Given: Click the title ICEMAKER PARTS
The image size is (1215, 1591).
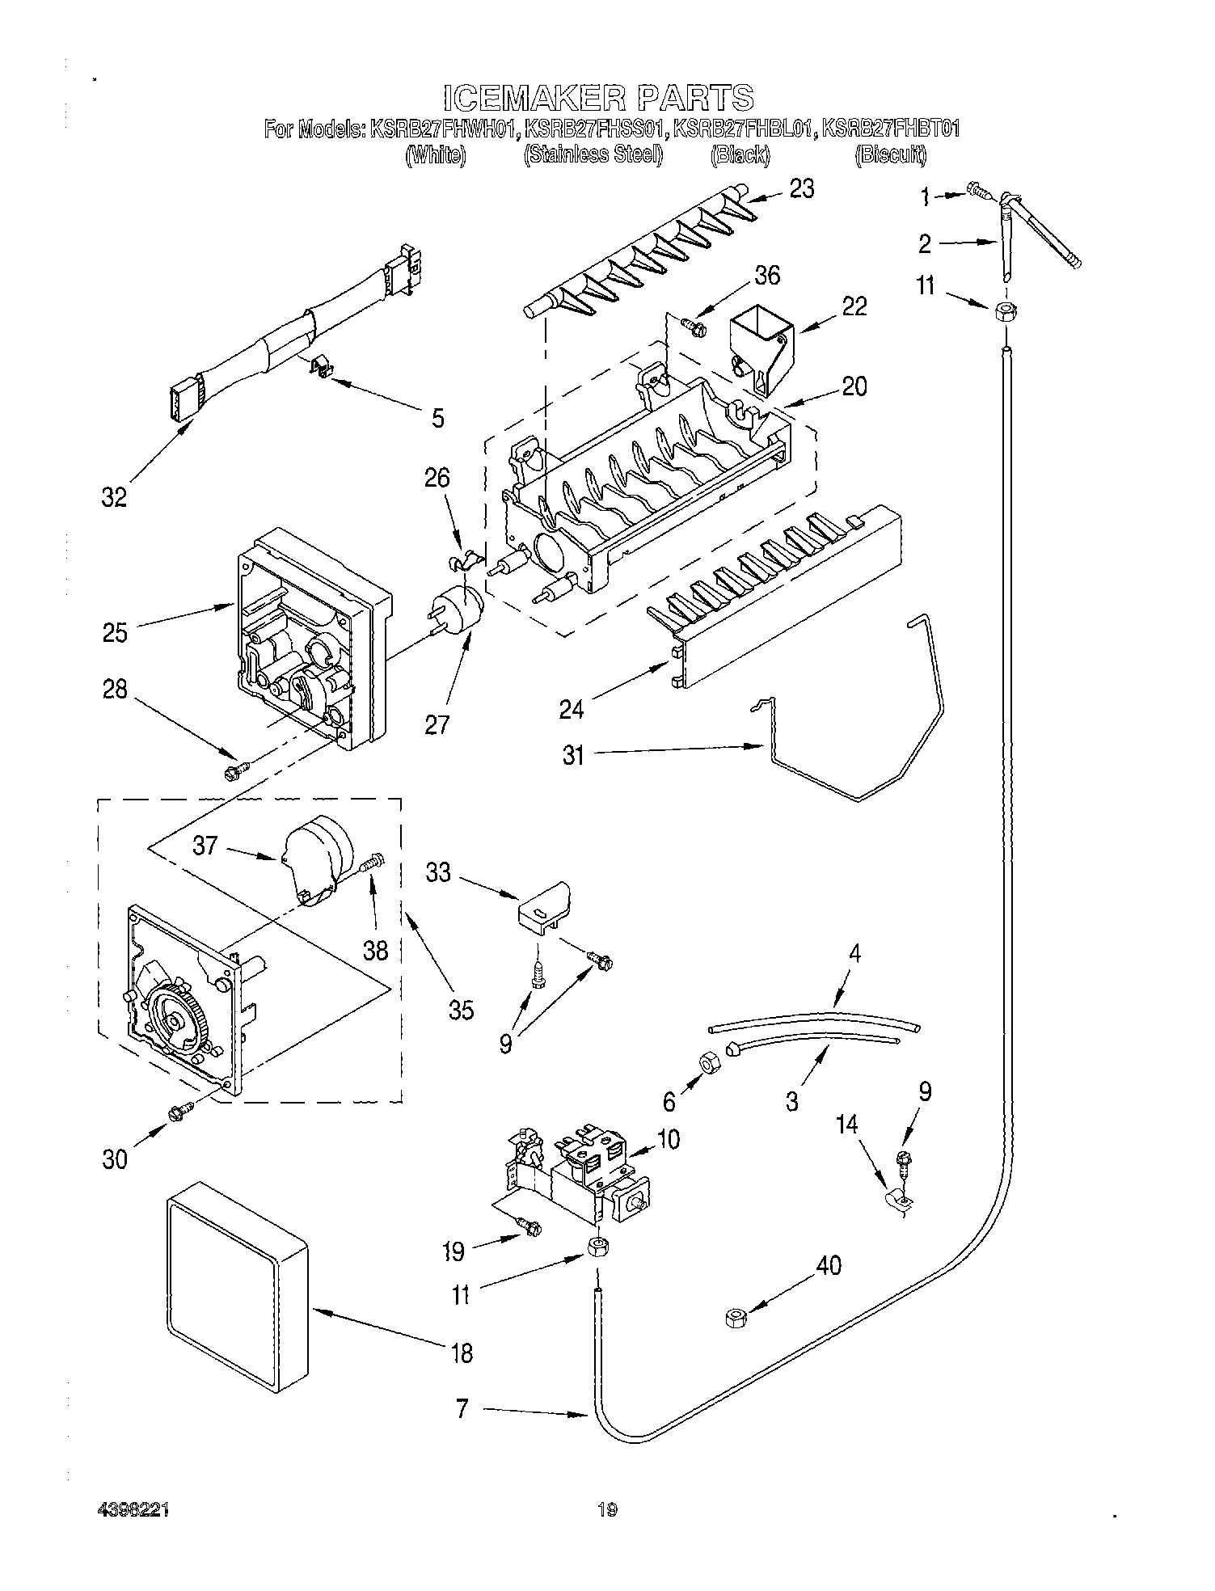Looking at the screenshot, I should (598, 98).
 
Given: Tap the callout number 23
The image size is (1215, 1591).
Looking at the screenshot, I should (801, 189).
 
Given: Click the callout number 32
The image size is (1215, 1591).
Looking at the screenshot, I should (114, 497).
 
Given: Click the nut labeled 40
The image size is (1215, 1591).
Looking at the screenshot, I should (736, 1319).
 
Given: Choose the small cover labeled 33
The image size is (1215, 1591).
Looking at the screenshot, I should (544, 906).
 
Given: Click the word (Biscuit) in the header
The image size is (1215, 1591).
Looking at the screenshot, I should (890, 155).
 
